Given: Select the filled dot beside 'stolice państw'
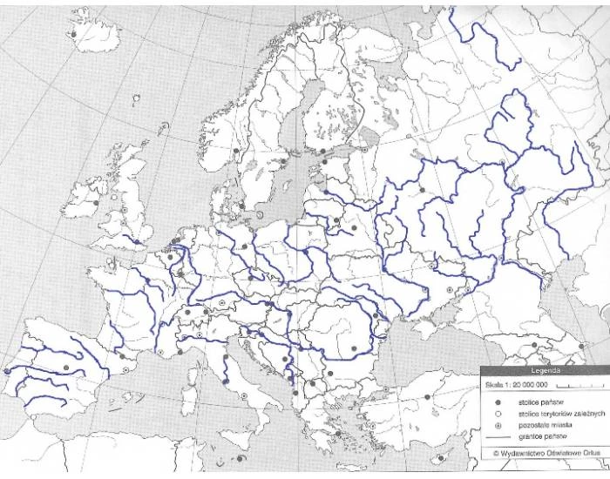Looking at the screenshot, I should [x=498, y=402].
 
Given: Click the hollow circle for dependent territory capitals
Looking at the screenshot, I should [x=498, y=414].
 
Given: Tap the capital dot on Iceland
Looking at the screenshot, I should [x=74, y=36].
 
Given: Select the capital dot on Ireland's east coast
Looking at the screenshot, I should [x=95, y=202].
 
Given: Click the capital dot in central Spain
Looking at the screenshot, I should [x=66, y=368].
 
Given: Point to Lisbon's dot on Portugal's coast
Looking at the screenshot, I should [x=7, y=371].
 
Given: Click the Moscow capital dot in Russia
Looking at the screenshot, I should [x=422, y=189].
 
